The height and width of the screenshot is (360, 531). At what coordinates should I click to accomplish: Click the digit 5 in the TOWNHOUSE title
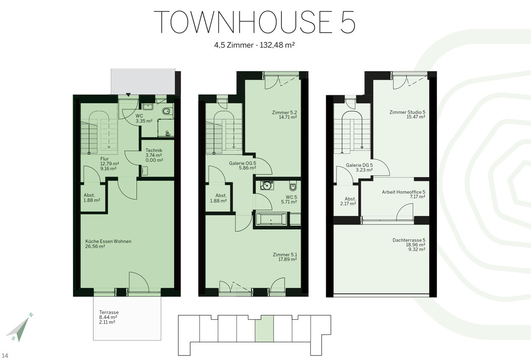(348, 22)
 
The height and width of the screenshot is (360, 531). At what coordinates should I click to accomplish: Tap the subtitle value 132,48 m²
(277, 45)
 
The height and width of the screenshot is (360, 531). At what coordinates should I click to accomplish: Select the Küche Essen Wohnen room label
(108, 241)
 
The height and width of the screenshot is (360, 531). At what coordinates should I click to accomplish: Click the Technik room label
(154, 150)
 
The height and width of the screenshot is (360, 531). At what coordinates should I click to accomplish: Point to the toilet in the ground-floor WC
(167, 111)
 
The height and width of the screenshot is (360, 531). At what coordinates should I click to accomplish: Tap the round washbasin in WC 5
(267, 185)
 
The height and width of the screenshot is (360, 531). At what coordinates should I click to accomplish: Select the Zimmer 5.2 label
(285, 112)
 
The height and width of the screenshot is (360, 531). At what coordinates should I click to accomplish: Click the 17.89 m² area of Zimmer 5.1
(288, 259)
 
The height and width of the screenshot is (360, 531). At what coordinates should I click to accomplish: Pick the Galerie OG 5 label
(242, 163)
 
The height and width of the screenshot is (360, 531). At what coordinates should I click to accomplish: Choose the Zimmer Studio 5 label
(407, 112)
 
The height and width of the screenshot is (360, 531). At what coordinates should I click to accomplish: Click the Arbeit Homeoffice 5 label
(404, 192)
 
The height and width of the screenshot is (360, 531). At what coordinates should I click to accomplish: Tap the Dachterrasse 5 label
(409, 240)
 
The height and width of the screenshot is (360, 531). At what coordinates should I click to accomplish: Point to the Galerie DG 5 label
(359, 165)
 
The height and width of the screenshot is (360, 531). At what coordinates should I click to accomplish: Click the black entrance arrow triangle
(128, 95)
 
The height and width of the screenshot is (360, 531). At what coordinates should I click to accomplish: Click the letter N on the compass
(31, 315)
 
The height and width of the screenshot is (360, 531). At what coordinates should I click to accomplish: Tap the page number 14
(5, 356)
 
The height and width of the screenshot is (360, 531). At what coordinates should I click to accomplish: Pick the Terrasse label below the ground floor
(109, 312)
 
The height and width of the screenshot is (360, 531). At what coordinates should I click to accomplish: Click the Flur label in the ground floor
(104, 159)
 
